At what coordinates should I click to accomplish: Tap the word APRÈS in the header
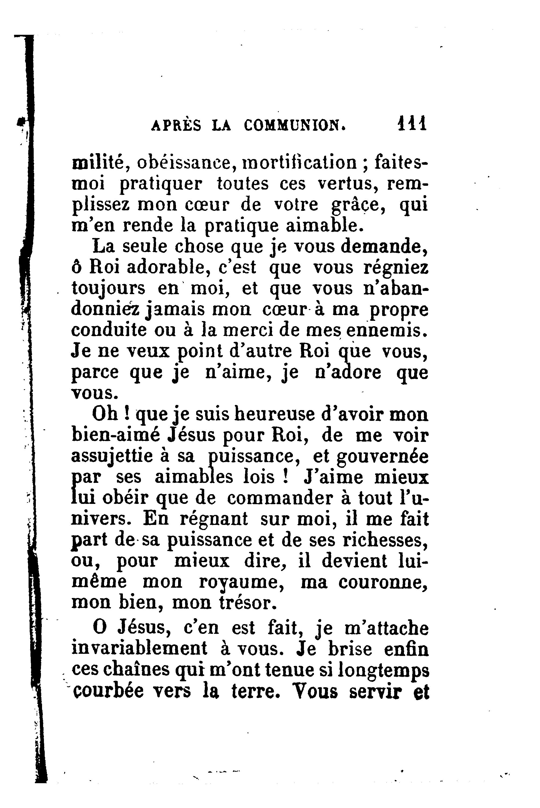tap(176, 125)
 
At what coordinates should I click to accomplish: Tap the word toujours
tap(109, 289)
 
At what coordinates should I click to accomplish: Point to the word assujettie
tap(112, 457)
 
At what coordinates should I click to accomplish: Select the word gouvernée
tap(383, 457)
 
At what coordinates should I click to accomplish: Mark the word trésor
tap(248, 602)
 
